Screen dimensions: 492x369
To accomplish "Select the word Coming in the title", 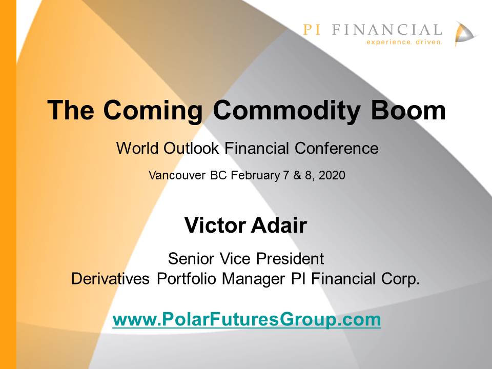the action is [x=153, y=111].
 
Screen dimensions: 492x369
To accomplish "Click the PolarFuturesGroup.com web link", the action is [x=247, y=319].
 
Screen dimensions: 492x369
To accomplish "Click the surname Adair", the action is [x=279, y=225].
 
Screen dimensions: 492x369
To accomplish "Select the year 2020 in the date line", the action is [x=332, y=175].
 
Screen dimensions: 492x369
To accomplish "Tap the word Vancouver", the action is [x=177, y=175].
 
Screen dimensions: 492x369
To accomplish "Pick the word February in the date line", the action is [x=255, y=175].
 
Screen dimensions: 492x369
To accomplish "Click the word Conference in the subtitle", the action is [x=336, y=148].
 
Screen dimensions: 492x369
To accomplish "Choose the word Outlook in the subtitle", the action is [x=191, y=148].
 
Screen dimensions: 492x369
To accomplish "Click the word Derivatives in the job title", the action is [x=110, y=278].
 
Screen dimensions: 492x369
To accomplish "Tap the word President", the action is [x=290, y=258].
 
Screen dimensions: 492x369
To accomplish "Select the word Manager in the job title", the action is [x=253, y=279].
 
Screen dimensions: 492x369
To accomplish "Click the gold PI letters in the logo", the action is [x=312, y=30].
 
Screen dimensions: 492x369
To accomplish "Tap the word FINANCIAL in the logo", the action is [x=387, y=30].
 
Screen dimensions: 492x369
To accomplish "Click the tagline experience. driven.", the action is [x=404, y=42].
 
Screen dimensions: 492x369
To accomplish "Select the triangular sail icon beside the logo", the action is [x=466, y=34].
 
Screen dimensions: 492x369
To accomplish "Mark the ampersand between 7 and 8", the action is [x=297, y=175].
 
